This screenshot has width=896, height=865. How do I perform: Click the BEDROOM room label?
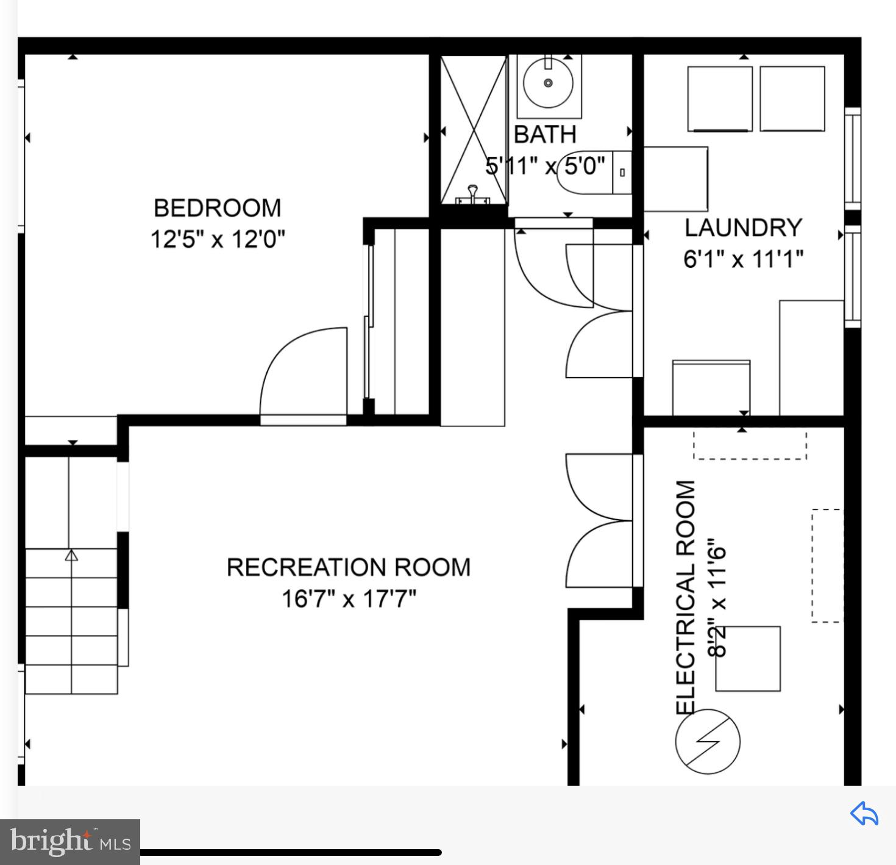coord(217,208)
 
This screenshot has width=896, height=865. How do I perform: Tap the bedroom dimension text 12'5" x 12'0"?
coord(217,239)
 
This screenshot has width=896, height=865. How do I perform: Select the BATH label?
coord(545,134)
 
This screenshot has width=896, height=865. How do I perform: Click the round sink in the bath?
coord(548,83)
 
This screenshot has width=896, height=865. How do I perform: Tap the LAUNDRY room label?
coord(742,228)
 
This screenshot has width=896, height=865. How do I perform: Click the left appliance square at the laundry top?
coord(719,99)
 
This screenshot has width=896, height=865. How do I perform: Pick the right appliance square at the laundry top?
coord(792,98)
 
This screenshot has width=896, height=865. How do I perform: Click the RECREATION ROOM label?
coord(348,567)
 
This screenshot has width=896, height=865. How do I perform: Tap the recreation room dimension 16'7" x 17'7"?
coord(348,599)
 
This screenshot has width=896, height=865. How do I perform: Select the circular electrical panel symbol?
coord(707,741)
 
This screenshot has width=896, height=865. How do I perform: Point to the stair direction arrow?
coord(71,555)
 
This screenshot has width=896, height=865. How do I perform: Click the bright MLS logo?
coord(70,842)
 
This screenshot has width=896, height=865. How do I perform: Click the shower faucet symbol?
coord(472,195)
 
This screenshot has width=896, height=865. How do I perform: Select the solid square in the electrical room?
coord(748,658)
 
